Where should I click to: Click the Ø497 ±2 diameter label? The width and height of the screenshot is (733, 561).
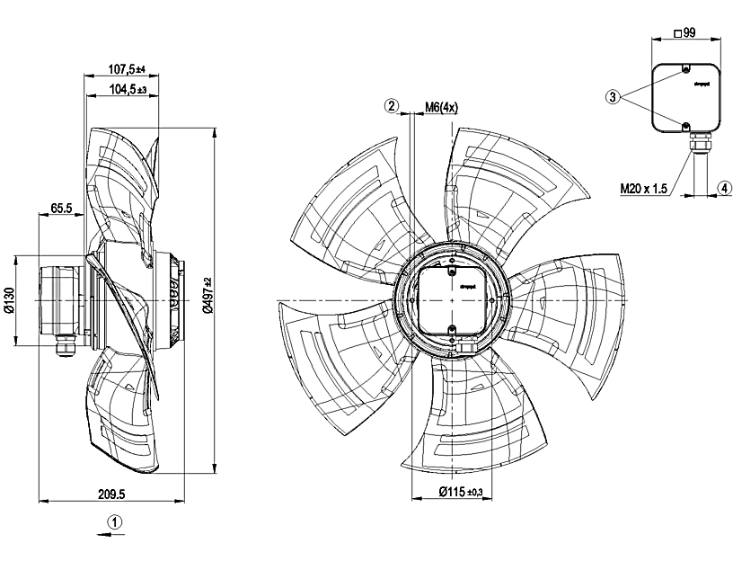[x=208, y=298]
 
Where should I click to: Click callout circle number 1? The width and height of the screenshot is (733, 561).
[x=114, y=521]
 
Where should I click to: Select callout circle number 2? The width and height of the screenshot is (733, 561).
[x=391, y=106]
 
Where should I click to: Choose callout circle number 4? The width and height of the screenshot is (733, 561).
[x=723, y=188]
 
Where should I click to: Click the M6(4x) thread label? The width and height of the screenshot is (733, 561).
[x=442, y=107]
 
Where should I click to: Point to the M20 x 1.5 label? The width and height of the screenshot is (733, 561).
[x=645, y=189]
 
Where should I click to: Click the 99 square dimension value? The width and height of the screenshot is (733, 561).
[x=690, y=33]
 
